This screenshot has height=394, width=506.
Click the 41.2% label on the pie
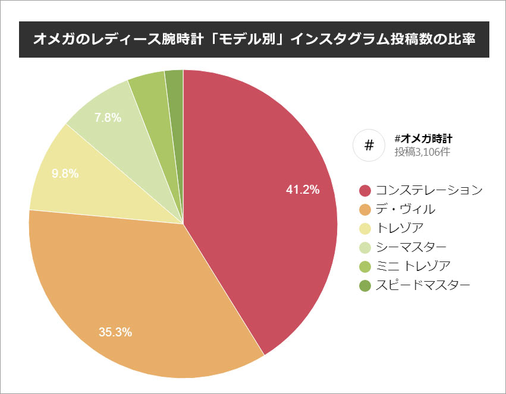pos(303,190)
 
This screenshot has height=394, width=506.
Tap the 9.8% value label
pos(65,174)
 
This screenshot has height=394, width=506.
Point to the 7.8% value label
pos(108,118)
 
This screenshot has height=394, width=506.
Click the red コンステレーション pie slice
pos(256,178)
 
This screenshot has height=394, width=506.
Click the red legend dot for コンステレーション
pos(365,191)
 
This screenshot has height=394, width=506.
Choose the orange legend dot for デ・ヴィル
pos(365,210)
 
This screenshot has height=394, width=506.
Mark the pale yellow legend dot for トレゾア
pos(365,229)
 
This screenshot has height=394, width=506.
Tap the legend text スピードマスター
pos(423,286)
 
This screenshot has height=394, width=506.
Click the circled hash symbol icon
pos(369,146)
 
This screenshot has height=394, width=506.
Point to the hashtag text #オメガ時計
pos(423,138)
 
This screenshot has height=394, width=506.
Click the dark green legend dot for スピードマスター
pos(365,286)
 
